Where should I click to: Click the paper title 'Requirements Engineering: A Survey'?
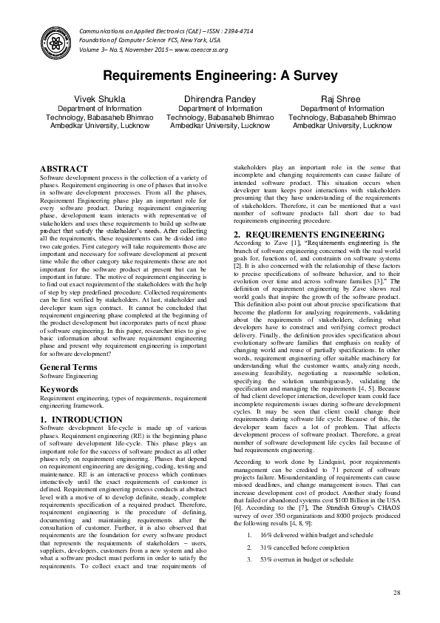[x=220, y=75]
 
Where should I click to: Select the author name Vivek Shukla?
[x=101, y=98]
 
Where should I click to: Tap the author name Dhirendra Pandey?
[x=220, y=98]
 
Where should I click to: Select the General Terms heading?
[x=70, y=346]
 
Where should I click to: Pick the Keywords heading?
[x=58, y=368]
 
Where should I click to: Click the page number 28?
[x=396, y=594]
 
